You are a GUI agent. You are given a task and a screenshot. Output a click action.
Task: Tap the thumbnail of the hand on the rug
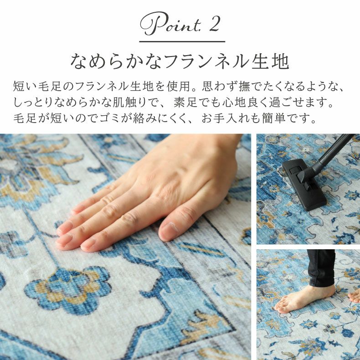coord(125,246)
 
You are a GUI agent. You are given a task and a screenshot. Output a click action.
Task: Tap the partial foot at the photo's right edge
coord(355,296)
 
